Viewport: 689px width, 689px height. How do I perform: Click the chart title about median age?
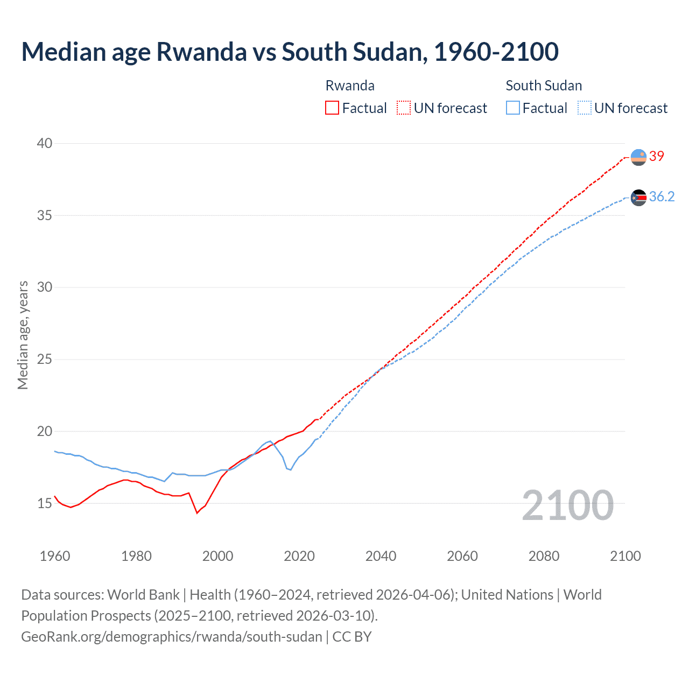(290, 52)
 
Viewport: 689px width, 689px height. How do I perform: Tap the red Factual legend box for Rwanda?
(332, 108)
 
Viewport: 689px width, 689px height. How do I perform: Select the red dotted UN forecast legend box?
(404, 108)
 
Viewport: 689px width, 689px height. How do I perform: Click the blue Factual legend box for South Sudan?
(513, 108)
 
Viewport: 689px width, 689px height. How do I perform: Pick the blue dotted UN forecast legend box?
(584, 108)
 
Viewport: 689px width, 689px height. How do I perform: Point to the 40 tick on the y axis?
(45, 143)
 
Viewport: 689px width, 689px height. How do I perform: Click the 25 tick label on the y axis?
(45, 359)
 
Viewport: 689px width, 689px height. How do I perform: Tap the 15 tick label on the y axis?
(45, 503)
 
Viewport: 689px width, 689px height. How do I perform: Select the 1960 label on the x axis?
(55, 556)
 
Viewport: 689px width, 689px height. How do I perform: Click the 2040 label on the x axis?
(381, 556)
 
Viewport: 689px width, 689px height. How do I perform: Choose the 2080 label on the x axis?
(544, 556)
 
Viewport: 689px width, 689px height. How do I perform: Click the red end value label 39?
(657, 156)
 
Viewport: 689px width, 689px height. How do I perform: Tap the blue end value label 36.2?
(662, 196)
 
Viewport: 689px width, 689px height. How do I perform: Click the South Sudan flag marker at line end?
(638, 198)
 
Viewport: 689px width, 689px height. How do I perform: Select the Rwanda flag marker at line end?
(638, 157)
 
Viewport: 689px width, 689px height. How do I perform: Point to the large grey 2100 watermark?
(567, 505)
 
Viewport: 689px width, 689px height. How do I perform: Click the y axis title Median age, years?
(23, 335)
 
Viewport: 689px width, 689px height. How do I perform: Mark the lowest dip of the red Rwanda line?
(197, 513)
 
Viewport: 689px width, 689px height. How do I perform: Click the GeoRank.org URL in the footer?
(171, 636)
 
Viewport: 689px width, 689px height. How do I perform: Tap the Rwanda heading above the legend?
(350, 86)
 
